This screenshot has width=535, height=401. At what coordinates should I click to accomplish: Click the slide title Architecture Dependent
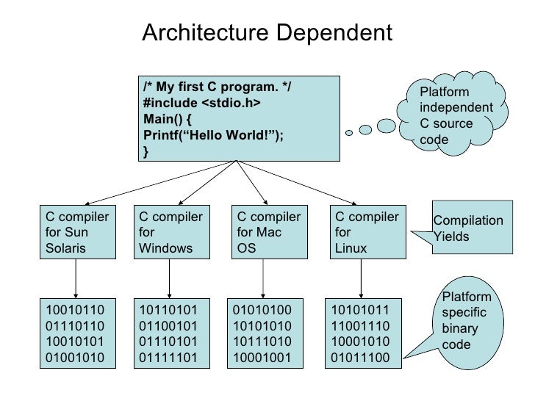(267, 33)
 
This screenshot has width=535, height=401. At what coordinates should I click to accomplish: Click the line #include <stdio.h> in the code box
(201, 104)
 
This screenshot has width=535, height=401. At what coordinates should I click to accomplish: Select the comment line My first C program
(217, 87)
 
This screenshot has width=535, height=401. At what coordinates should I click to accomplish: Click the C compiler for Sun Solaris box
(76, 232)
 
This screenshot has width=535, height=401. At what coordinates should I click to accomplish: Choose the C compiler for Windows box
(170, 232)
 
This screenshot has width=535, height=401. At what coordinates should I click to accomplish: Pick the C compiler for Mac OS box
(267, 232)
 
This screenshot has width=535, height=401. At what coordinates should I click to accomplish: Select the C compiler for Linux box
(366, 232)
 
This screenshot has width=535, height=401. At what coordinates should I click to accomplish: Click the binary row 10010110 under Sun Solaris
(76, 309)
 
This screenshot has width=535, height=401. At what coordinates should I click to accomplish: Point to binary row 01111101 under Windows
(170, 358)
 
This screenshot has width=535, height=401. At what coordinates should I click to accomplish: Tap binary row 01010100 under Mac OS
(262, 309)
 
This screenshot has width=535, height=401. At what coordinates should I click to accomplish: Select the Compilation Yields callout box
(468, 228)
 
